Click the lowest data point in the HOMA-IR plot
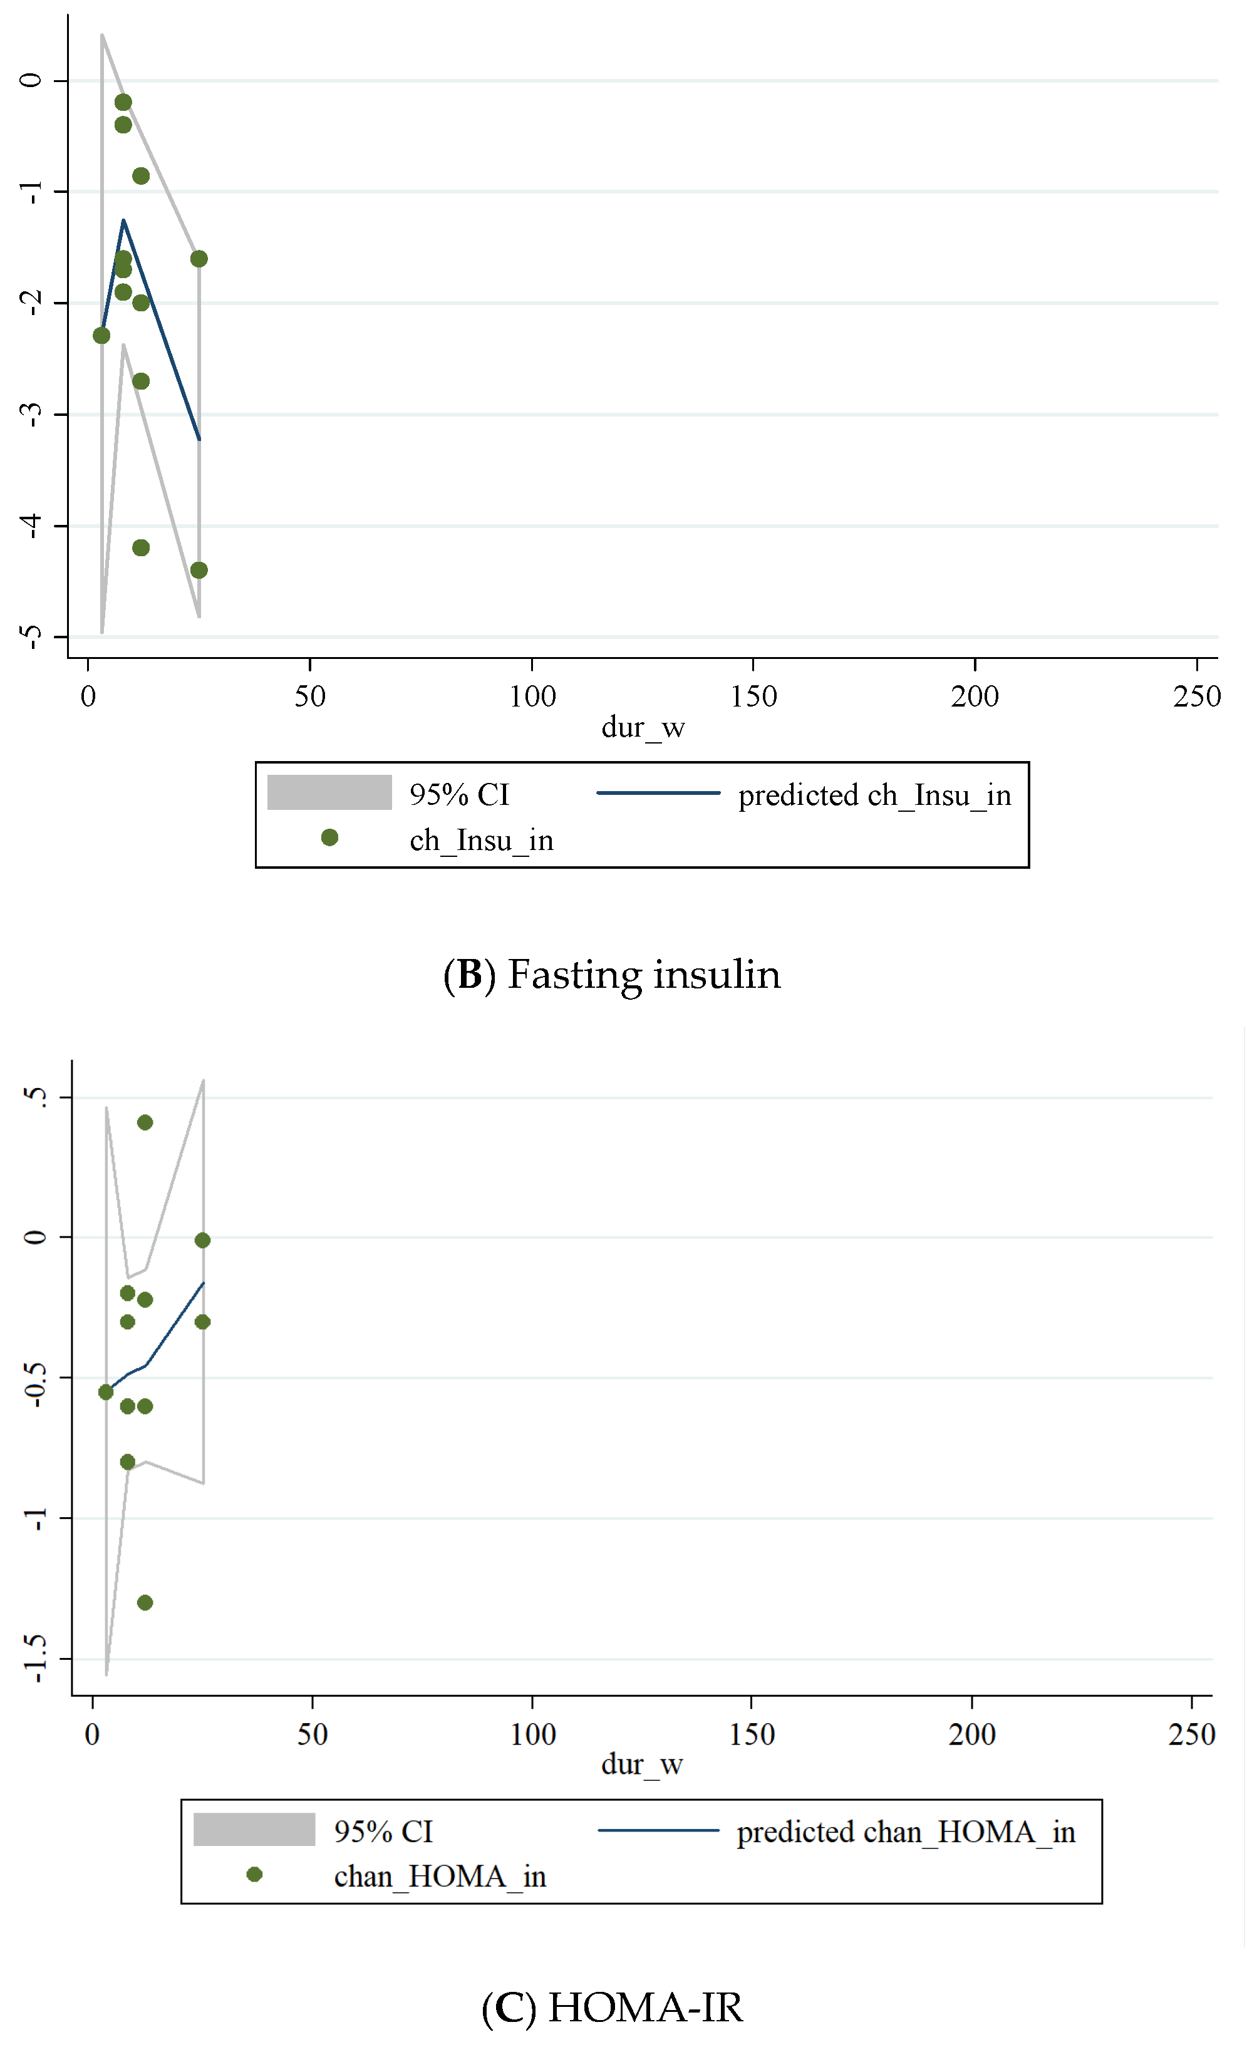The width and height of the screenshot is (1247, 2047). pyautogui.click(x=145, y=1602)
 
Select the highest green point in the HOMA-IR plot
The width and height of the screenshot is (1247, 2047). pyautogui.click(x=145, y=1122)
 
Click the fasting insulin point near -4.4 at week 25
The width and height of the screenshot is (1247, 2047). pyautogui.click(x=199, y=570)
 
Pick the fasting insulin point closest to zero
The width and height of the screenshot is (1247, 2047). pyautogui.click(x=123, y=102)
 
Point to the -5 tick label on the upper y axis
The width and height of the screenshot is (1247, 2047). pyautogui.click(x=31, y=637)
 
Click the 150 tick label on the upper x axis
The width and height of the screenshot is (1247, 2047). pyautogui.click(x=753, y=696)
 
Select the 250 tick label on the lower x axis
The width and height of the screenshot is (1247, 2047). pyautogui.click(x=1191, y=1734)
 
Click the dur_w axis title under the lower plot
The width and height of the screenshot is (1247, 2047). pyautogui.click(x=641, y=1765)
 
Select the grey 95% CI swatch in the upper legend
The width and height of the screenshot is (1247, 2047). pyautogui.click(x=329, y=792)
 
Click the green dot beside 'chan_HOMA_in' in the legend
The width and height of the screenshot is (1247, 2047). pyautogui.click(x=255, y=1874)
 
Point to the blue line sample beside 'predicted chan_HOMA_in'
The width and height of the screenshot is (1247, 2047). pyautogui.click(x=658, y=1830)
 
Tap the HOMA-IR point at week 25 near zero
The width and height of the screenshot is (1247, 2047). pyautogui.click(x=202, y=1240)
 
